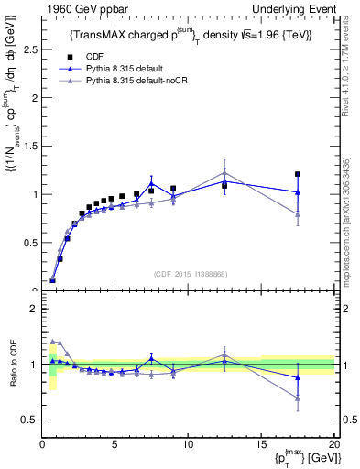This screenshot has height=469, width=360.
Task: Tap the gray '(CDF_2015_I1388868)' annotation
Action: (191, 273)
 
